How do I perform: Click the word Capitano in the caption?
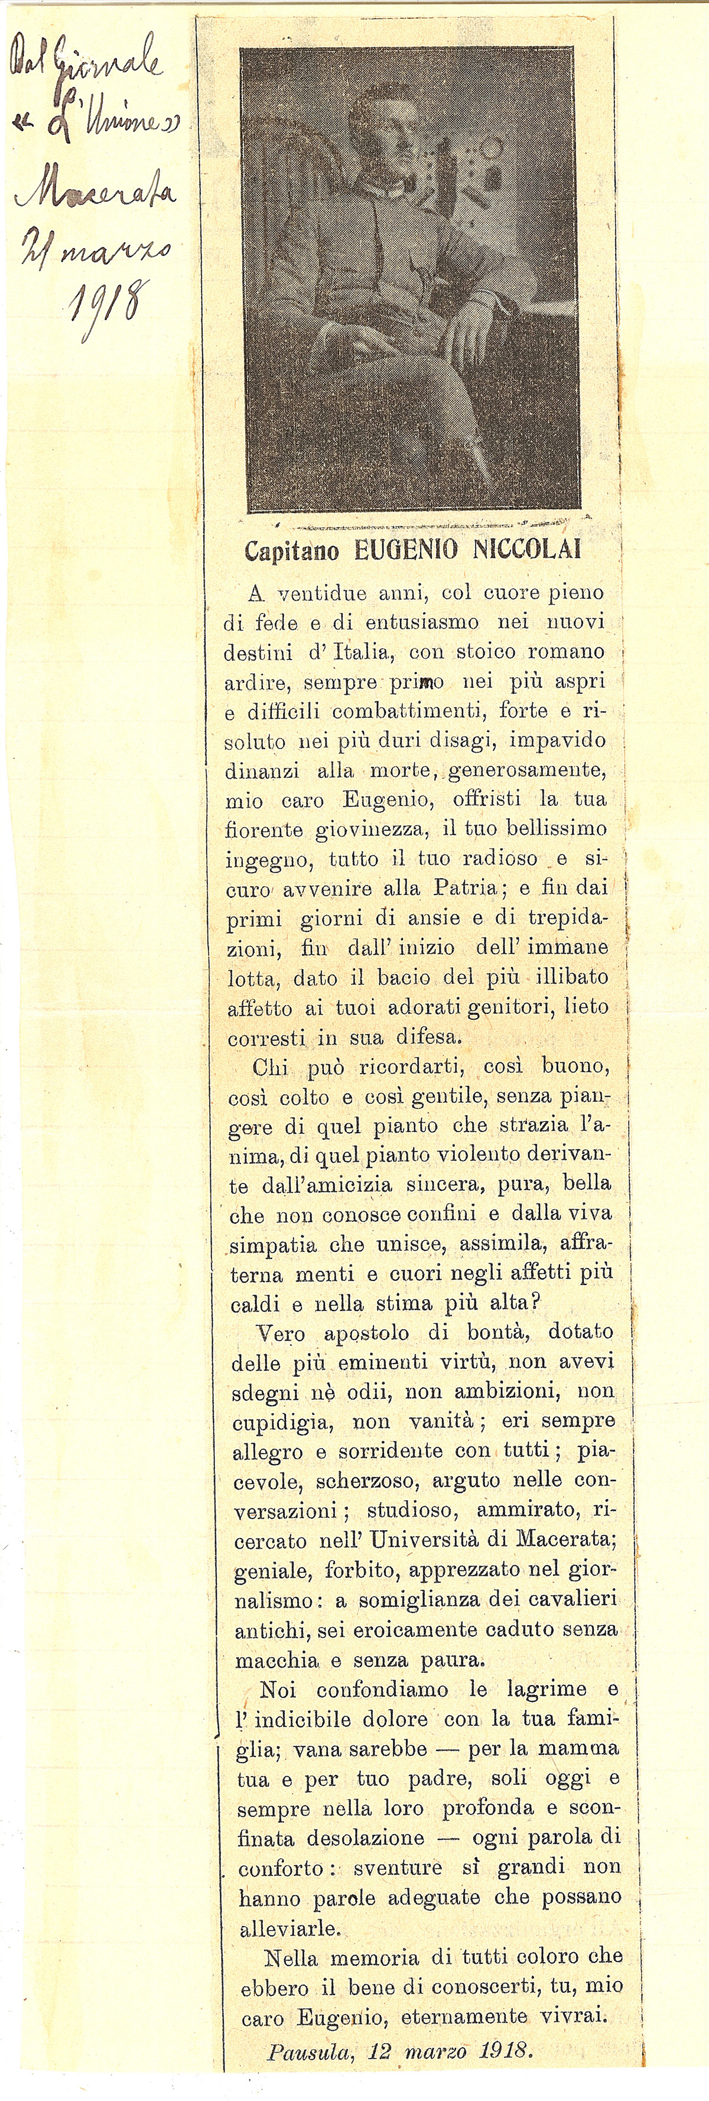(x=292, y=551)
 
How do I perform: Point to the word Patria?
(x=463, y=887)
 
